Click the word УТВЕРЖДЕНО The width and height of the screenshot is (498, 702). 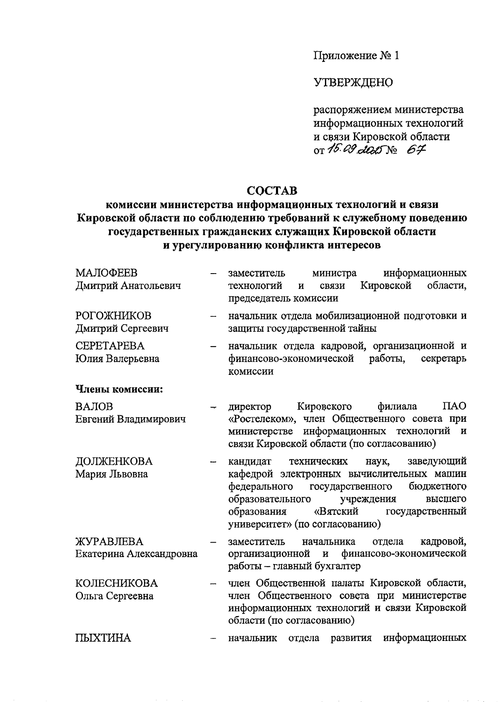point(353,83)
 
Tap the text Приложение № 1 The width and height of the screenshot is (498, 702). point(356,56)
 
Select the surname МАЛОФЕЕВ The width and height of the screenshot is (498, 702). point(106,273)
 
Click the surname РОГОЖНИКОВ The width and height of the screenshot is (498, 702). point(113,316)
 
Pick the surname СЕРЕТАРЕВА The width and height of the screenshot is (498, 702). point(110,346)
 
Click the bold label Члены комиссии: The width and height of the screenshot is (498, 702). point(119,389)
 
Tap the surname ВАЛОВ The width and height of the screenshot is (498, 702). point(94,406)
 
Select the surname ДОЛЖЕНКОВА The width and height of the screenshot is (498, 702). point(114,461)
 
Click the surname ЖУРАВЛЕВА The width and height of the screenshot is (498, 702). point(109,541)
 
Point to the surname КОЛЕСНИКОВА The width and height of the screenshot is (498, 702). point(117,583)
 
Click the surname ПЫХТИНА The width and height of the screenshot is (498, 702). point(103,638)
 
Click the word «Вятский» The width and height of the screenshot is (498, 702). point(336,511)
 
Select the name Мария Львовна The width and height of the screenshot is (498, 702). point(111,474)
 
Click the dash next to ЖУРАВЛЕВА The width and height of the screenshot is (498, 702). point(214,542)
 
